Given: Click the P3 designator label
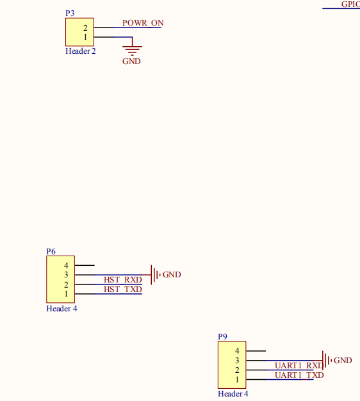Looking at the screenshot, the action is (70, 13).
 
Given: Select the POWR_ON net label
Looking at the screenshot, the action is (143, 23).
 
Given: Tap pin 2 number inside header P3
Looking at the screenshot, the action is (85, 28).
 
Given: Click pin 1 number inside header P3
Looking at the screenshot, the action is (85, 37).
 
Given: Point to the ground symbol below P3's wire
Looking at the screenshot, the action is (132, 51).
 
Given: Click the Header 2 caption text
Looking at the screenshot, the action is (81, 51).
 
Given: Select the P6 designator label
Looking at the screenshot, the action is (51, 251).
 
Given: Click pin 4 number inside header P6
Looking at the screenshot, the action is (66, 265).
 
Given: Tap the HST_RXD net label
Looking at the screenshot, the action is (123, 280).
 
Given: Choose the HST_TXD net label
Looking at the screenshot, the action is (123, 290).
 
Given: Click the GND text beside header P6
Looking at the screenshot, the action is (172, 275).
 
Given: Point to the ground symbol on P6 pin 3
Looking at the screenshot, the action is (155, 275).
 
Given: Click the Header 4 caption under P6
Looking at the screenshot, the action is (61, 309).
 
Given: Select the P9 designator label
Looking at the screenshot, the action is (222, 336).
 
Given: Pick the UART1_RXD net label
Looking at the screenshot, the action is (299, 366).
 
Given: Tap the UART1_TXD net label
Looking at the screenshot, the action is (299, 375).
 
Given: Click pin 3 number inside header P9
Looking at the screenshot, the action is (237, 361).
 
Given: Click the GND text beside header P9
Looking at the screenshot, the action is (343, 361).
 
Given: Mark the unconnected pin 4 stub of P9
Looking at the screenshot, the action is (256, 351).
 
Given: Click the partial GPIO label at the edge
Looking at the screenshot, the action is (350, 4).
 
